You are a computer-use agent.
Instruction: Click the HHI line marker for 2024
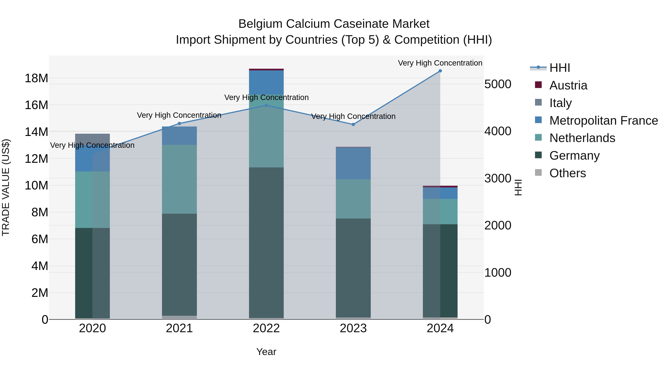[440, 71]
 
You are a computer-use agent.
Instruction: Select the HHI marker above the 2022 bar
[266, 105]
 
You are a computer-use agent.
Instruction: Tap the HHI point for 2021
[179, 124]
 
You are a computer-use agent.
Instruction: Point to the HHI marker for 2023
[353, 124]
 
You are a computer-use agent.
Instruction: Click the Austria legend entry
[568, 85]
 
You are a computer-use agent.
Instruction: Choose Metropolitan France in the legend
[603, 121]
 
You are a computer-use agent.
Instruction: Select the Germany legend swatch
[538, 155]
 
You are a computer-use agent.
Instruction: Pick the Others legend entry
[567, 173]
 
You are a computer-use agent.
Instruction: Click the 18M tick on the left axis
[36, 78]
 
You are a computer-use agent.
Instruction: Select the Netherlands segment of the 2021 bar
[179, 179]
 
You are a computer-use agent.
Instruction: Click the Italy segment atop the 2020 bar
[93, 139]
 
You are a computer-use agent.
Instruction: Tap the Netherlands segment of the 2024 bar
[440, 211]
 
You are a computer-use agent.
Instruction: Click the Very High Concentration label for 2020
[92, 145]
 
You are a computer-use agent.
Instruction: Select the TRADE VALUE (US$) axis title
[6, 187]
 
